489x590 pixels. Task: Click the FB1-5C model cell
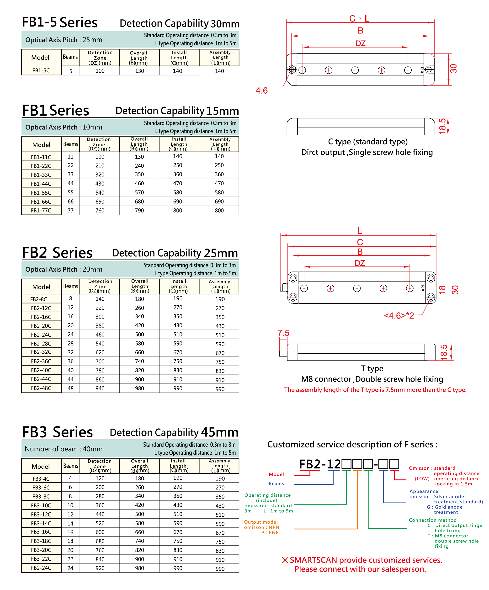[41, 70]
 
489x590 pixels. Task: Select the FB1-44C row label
[41, 184]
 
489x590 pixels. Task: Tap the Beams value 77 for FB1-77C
[70, 210]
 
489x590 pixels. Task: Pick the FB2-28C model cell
[41, 344]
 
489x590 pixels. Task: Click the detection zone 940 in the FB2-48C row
[100, 388]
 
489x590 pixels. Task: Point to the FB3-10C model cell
[41, 505]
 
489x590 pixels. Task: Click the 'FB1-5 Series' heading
[60, 22]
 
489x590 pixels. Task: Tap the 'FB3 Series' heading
[57, 432]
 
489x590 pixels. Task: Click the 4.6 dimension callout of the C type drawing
[261, 90]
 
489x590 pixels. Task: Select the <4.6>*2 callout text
[399, 315]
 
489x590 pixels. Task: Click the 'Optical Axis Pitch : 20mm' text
[64, 269]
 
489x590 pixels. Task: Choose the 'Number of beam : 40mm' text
[64, 449]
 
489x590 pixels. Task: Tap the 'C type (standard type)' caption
[368, 142]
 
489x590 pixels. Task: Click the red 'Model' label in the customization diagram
[276, 474]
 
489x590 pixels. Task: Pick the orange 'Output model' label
[261, 522]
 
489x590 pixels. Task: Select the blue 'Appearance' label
[424, 491]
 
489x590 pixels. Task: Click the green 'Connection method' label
[433, 520]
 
